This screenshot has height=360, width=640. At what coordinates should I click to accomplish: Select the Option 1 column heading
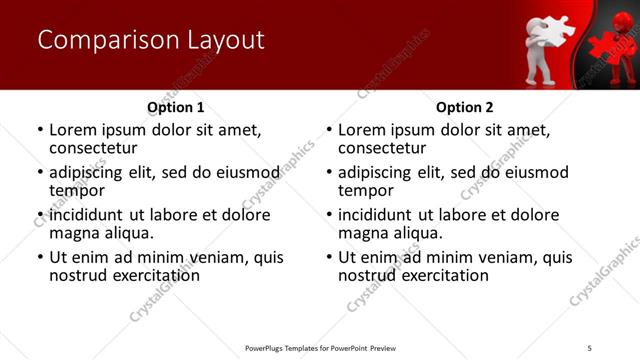[176, 107]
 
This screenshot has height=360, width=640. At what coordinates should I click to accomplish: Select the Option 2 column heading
[465, 107]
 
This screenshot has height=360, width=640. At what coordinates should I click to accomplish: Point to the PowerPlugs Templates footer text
[320, 348]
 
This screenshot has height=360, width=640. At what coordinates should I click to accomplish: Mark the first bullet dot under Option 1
[40, 131]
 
